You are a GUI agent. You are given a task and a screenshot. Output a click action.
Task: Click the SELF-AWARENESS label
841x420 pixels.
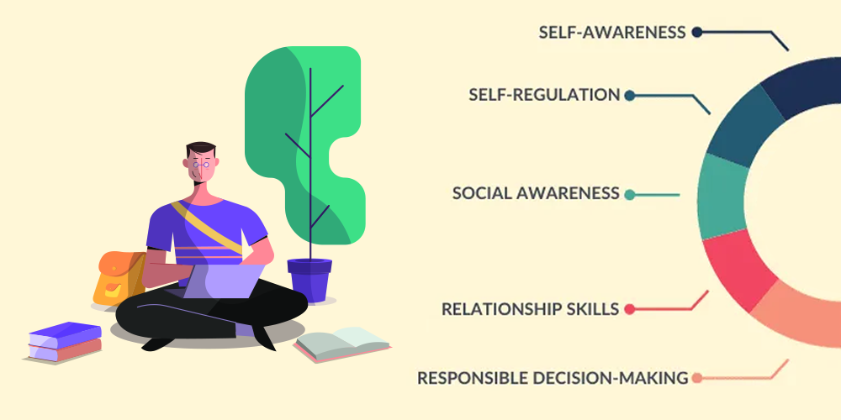[613, 33]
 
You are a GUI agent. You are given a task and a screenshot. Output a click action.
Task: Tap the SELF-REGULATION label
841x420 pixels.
[544, 95]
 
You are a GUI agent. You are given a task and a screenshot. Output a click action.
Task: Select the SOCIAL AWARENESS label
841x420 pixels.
[536, 193]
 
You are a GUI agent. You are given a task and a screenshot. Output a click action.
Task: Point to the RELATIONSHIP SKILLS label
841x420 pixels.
[530, 309]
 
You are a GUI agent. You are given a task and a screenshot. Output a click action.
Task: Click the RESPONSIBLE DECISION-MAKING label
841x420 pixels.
[553, 378]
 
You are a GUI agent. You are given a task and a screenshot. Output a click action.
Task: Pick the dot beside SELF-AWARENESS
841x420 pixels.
[696, 33]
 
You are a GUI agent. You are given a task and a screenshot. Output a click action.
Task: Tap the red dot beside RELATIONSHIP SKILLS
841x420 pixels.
[629, 309]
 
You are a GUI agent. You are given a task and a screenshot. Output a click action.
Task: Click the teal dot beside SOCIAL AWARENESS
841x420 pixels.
[629, 194]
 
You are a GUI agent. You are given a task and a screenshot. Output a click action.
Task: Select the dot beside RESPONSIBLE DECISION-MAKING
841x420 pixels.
[697, 378]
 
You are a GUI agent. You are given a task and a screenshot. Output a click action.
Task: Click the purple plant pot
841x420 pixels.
[309, 279]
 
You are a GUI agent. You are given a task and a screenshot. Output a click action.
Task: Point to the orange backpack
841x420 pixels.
[118, 277]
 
